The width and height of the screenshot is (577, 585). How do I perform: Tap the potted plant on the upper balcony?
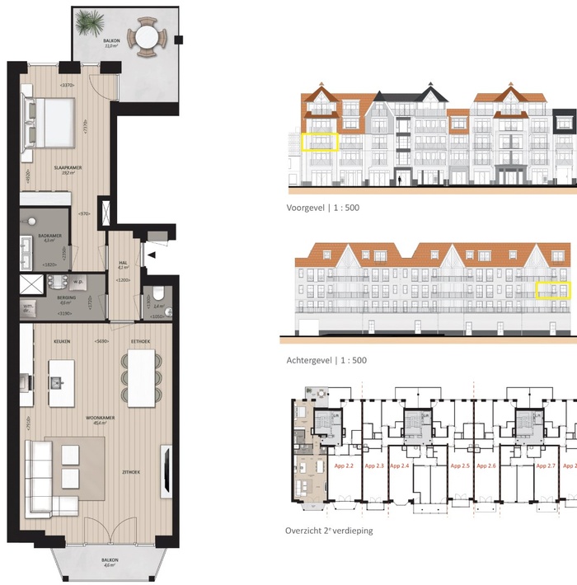coord(90,22)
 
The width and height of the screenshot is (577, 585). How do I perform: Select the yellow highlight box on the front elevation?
coord(320,143)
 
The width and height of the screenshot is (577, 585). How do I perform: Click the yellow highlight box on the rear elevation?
coord(553,290)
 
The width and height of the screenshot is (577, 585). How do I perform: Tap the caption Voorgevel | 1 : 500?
coord(323,208)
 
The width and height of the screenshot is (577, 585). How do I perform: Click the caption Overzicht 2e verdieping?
coord(329,531)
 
